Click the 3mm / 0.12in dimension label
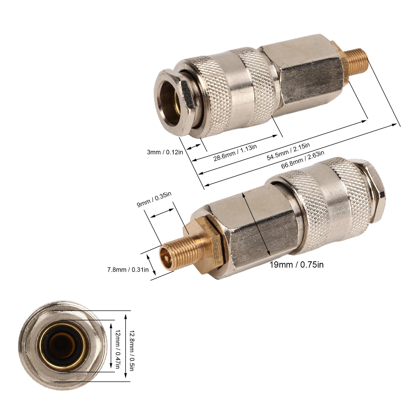click(x=165, y=152)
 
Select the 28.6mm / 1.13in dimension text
click(x=235, y=152)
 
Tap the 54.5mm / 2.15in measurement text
click(x=288, y=151)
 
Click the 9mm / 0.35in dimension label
click(x=154, y=199)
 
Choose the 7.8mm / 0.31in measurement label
click(x=128, y=270)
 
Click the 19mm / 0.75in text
click(x=296, y=265)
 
